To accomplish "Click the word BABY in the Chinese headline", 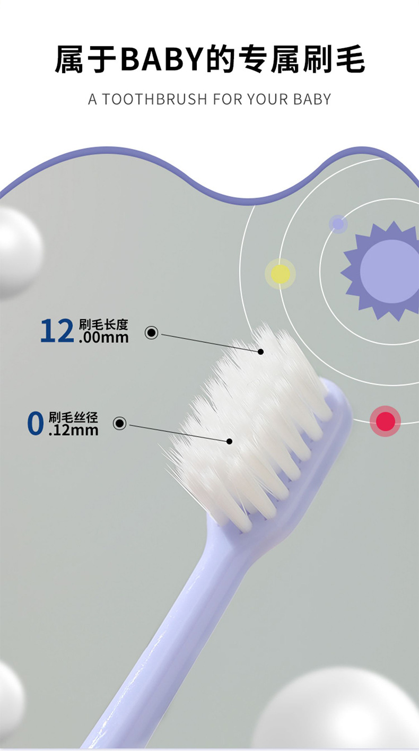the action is [162, 59].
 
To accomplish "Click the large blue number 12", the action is [57, 331].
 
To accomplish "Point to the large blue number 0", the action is [35, 423].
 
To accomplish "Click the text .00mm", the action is [103, 337].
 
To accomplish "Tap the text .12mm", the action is [74, 430].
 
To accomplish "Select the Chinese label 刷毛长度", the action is [103, 325].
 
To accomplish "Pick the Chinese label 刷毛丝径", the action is [74, 417].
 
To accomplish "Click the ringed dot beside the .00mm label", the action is [152, 333].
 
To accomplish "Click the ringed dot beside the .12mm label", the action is [120, 423].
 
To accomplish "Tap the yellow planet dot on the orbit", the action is [280, 274].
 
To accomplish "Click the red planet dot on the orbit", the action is [385, 421].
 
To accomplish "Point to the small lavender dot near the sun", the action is [337, 224].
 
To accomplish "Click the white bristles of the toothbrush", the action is [249, 424].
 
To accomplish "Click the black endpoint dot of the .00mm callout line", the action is [260, 351].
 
